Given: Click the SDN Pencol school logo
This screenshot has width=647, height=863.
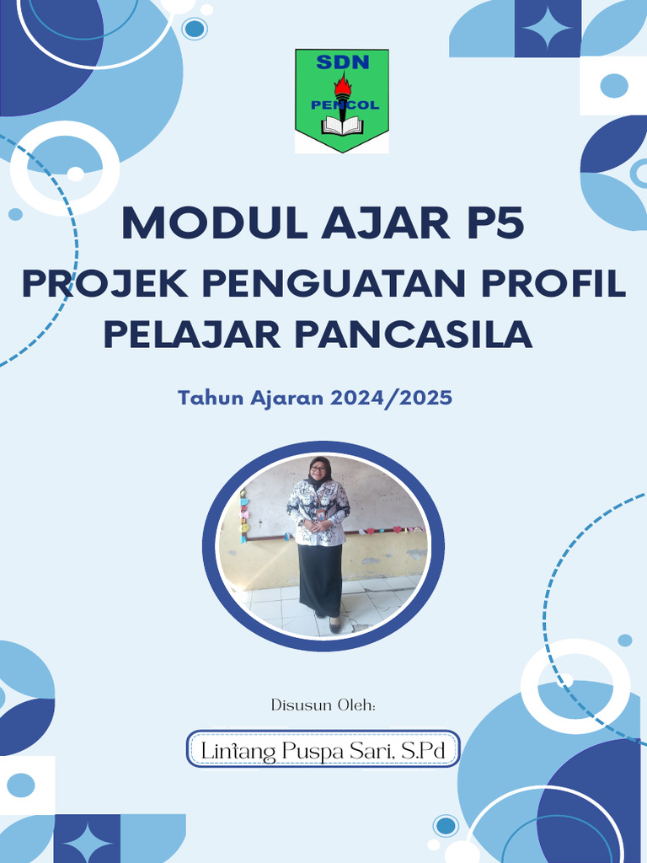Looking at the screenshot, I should click(341, 101).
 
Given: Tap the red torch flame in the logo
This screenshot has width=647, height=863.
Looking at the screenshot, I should click(342, 84).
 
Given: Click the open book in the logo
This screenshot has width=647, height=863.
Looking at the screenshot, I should click(342, 126).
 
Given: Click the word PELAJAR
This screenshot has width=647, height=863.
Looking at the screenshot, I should click(191, 334).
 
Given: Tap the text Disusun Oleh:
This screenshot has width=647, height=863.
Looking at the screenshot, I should click(323, 705).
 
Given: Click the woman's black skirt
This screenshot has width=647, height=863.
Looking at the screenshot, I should click(321, 579).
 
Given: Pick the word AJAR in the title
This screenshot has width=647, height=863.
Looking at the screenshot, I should click(364, 224).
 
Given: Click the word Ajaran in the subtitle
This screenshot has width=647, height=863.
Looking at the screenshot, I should click(286, 398).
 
